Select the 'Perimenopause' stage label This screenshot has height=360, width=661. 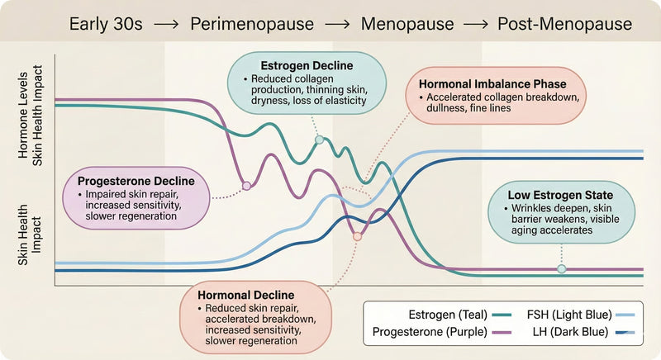[x=252, y=24]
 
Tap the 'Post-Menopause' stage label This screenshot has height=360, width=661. [x=564, y=24]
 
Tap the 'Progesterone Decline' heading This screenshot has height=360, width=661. [x=136, y=181]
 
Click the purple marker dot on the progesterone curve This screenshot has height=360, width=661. [x=245, y=186]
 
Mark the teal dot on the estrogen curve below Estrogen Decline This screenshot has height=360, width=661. [x=319, y=140]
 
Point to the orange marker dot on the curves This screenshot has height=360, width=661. [x=357, y=237]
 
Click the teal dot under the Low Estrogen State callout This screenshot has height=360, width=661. [x=562, y=269]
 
